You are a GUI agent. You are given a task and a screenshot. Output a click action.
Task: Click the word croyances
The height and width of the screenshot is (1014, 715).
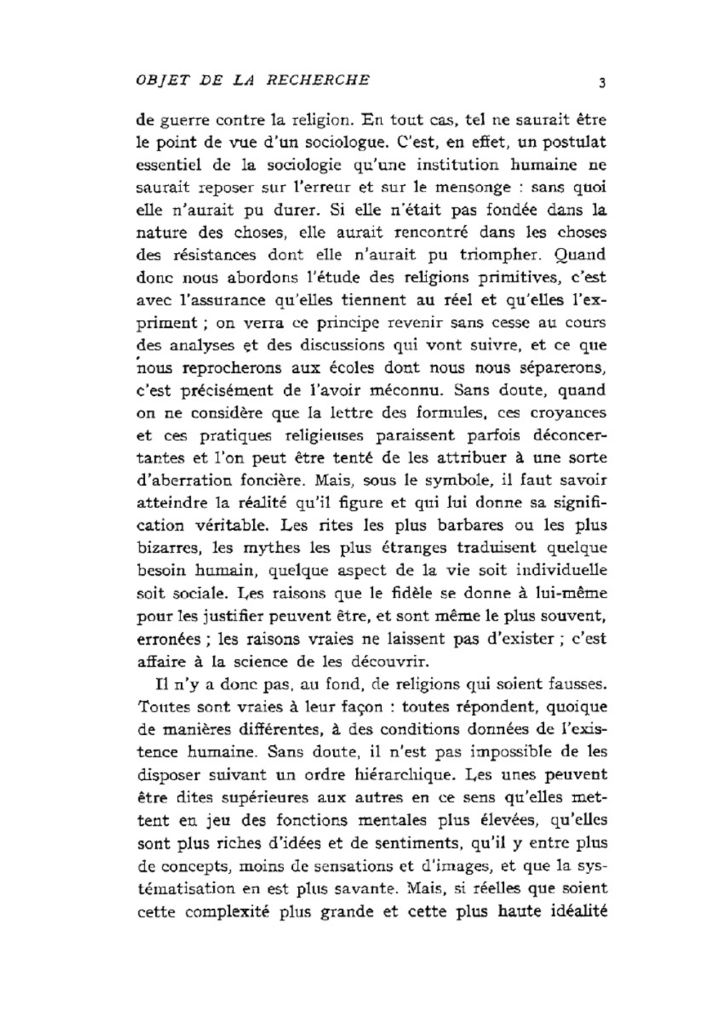(x=568, y=413)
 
